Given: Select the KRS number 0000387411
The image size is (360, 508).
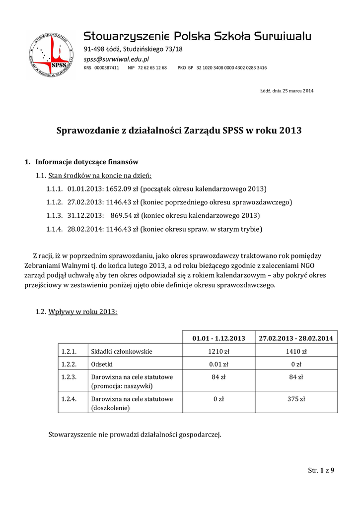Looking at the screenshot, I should click(x=107, y=67).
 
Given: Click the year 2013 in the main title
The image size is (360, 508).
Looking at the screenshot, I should click(x=290, y=131).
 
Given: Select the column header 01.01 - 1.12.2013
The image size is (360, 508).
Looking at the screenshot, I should click(x=219, y=338).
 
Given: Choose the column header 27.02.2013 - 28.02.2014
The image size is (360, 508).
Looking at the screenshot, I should click(x=296, y=338).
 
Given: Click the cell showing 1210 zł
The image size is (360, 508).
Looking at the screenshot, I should click(x=219, y=351).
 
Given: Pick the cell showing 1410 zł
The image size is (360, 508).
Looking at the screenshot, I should click(x=296, y=351).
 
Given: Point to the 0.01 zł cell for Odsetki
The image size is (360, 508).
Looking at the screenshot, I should click(x=219, y=364).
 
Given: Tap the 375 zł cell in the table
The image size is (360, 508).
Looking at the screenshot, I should click(x=296, y=399).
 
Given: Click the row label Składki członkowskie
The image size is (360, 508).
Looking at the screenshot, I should click(x=121, y=351).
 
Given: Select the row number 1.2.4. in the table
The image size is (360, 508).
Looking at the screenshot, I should click(x=69, y=399).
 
